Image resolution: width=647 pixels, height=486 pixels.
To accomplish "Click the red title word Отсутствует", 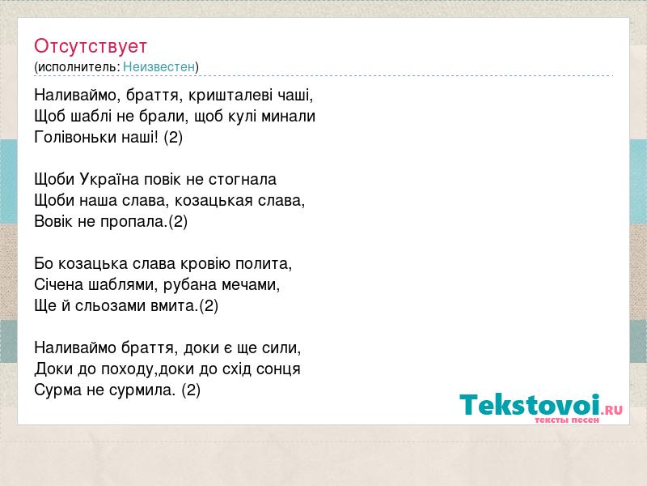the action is click(91, 46).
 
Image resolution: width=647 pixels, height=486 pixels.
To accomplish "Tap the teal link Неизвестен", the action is click(159, 66).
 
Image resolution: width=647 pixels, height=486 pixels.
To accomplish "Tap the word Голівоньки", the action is click(75, 137).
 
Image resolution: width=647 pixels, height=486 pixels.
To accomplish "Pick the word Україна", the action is click(109, 179).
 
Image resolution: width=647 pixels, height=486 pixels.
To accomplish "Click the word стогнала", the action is click(243, 179).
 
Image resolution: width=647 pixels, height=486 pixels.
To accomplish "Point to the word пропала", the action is click(133, 221).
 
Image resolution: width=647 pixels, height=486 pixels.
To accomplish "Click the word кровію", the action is click(204, 264).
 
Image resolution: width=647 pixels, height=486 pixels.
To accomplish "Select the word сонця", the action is click(278, 369).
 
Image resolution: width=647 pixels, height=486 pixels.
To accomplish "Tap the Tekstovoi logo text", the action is click(530, 404).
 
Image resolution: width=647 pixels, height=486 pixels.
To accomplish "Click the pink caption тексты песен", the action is click(567, 420).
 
